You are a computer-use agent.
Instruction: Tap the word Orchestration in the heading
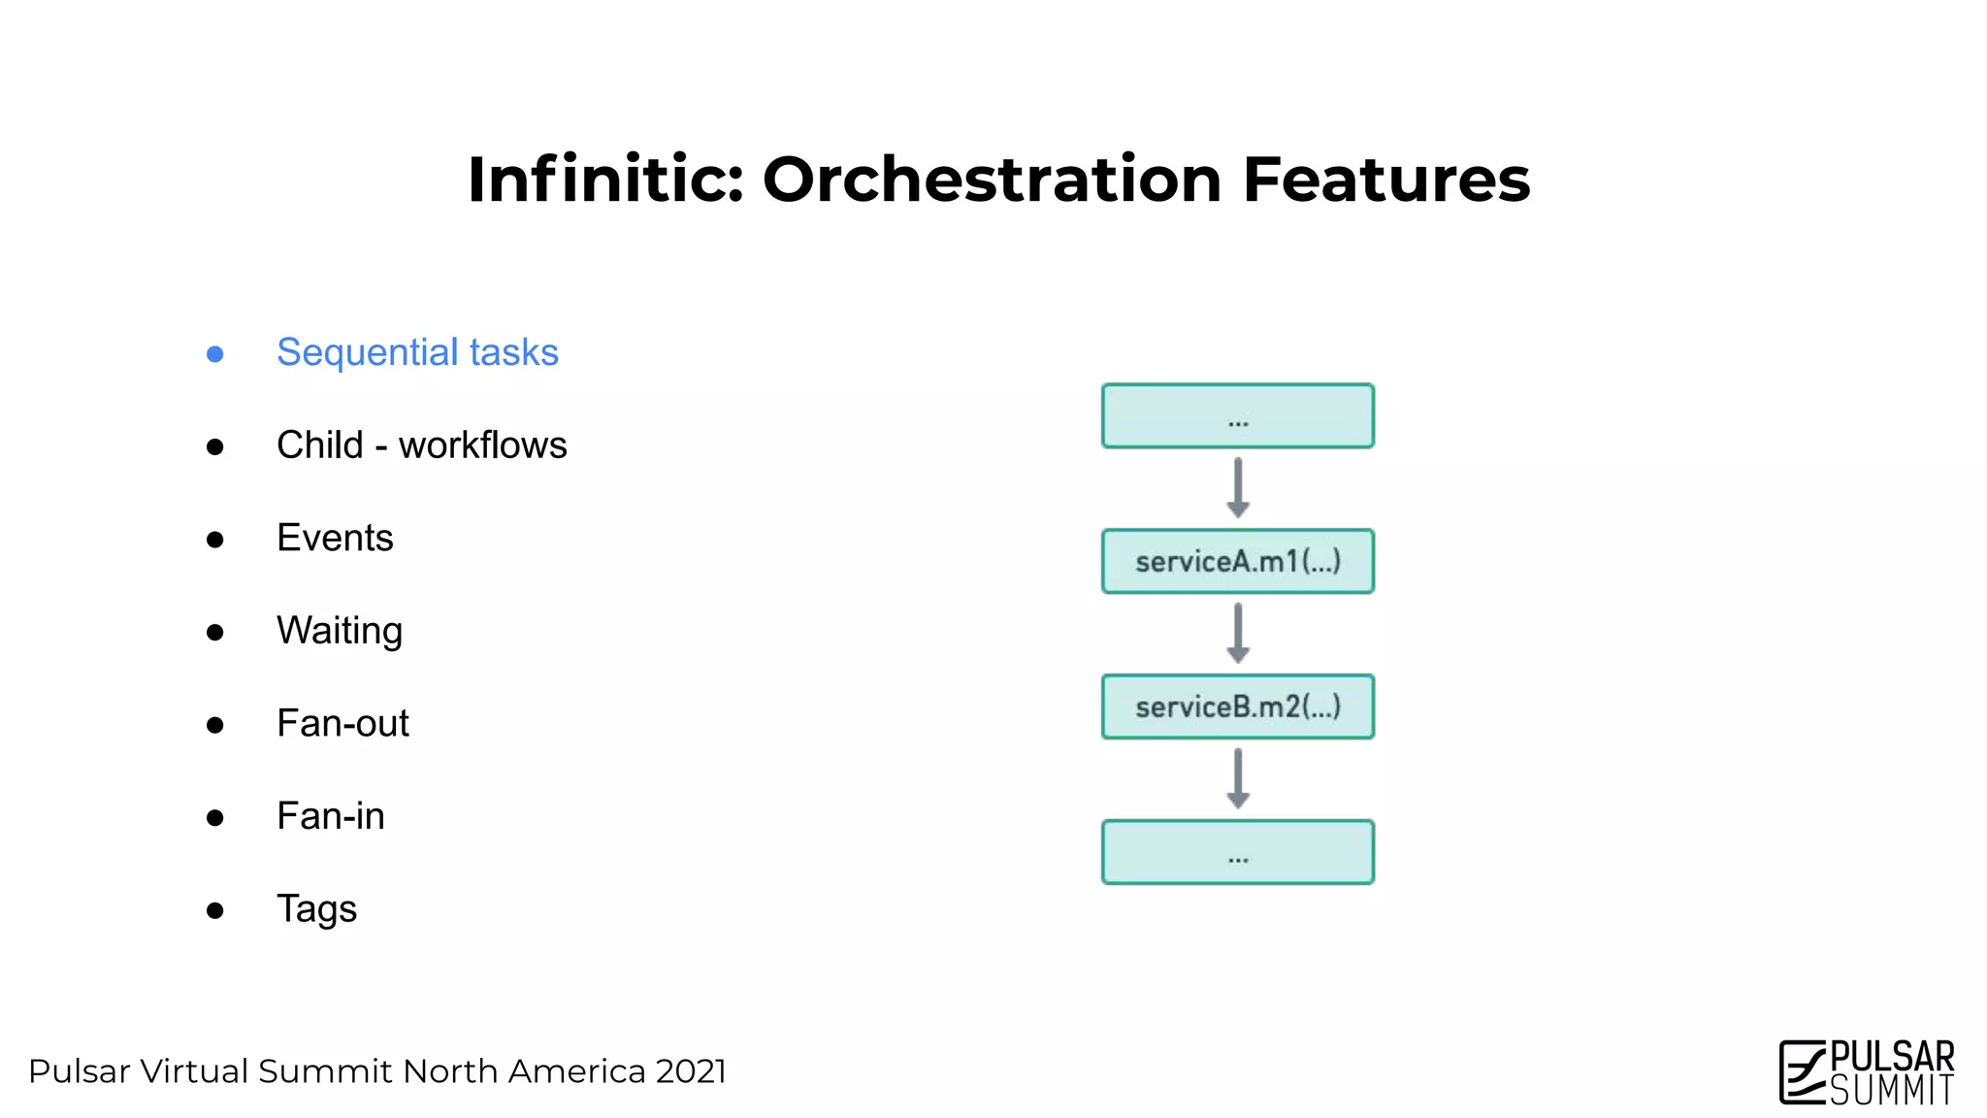pos(992,181)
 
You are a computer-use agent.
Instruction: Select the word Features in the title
pos(1385,181)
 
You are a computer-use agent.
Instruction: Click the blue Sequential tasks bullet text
pos(417,352)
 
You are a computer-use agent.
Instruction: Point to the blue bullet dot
pos(215,354)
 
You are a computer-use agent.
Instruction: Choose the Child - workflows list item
pos(421,445)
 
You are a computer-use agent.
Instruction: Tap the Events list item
pos(335,538)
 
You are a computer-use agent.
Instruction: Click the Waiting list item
pos(340,631)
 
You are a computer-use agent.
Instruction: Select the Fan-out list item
pos(342,724)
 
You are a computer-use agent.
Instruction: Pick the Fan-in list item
pos(330,816)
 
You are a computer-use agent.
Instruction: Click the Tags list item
pos(316,909)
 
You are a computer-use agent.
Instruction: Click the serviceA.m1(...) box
pos(1237,561)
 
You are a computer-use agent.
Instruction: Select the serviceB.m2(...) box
pos(1237,707)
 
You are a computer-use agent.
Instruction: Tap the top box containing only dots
pos(1237,416)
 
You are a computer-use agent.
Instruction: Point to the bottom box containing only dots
pos(1237,852)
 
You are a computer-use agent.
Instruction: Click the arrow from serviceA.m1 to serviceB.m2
pos(1237,634)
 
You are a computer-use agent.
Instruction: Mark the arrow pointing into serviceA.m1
pos(1237,488)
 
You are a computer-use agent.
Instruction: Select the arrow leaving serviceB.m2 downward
pos(1237,779)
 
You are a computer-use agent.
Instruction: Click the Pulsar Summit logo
pos(1867,1071)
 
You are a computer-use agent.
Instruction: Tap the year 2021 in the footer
pos(690,1071)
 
